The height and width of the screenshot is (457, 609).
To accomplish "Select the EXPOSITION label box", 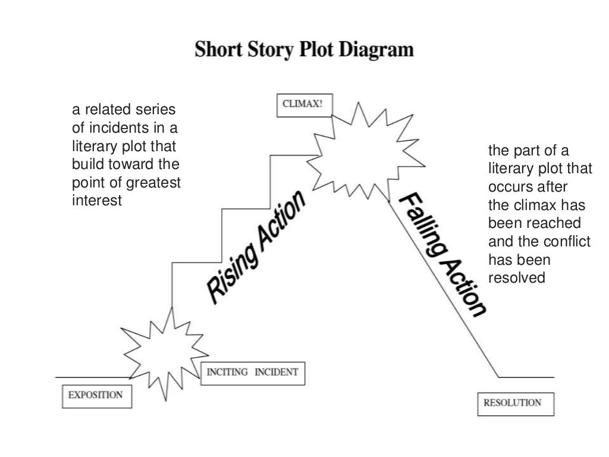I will [96, 395].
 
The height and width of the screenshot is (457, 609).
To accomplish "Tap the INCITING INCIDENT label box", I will [252, 373].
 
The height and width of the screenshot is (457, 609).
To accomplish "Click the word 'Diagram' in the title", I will [376, 49].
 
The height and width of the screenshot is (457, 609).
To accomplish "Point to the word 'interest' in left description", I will [97, 201].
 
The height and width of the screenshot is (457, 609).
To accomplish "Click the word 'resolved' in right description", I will [516, 278].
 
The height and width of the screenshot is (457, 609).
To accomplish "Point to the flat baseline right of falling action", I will [526, 377].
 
